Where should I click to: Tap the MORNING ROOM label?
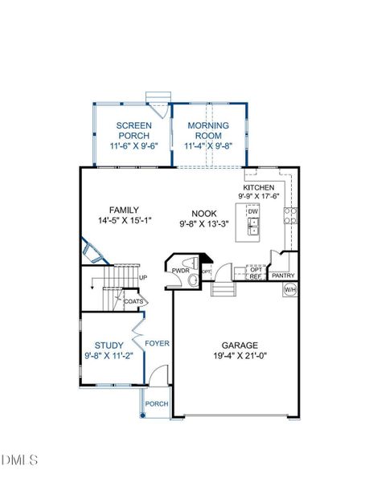[x=207, y=125]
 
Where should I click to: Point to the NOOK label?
[x=204, y=214]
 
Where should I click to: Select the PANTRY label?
[x=284, y=276]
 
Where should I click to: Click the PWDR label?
[x=178, y=271]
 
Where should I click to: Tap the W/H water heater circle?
[x=290, y=288]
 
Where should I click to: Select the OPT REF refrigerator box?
[x=256, y=273]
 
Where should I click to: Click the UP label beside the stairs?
[x=143, y=278]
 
